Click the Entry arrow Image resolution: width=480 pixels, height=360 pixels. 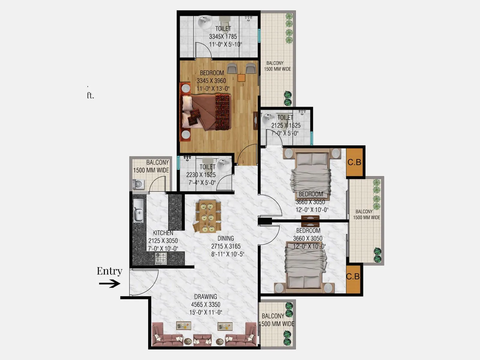[x=109, y=283]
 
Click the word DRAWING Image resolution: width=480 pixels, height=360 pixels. [x=205, y=297]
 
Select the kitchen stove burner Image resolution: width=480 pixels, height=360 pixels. [x=160, y=258]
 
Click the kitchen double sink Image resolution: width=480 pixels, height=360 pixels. [x=138, y=211]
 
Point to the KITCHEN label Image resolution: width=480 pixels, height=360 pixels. [x=163, y=233]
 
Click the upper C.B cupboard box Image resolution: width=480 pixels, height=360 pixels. [x=354, y=162]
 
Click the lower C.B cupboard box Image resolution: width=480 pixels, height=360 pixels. [x=353, y=276]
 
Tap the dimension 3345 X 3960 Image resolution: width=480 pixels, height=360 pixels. [x=211, y=81]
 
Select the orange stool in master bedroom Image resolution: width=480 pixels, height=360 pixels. [x=241, y=78]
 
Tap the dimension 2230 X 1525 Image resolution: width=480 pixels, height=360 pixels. [x=201, y=175]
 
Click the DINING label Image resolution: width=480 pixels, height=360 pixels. [x=226, y=238]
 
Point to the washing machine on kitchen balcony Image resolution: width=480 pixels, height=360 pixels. [x=138, y=184]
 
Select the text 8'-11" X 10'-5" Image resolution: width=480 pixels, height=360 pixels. [x=228, y=254]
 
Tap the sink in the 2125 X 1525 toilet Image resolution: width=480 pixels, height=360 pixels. [x=268, y=119]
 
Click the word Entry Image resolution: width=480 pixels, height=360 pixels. [x=109, y=271]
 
